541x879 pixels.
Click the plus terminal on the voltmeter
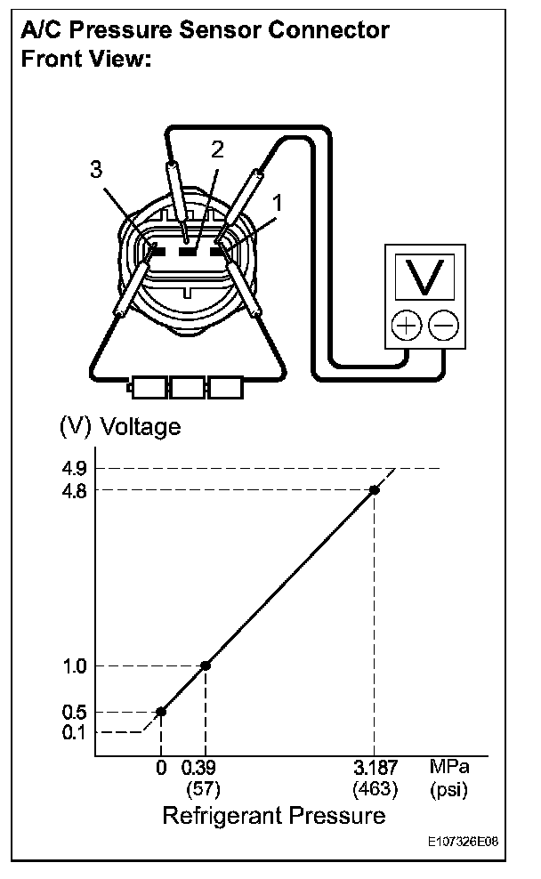[407, 326]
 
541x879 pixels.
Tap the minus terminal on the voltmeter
[442, 326]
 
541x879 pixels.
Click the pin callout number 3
[96, 170]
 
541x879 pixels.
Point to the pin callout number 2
[216, 149]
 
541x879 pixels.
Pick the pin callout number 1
[278, 203]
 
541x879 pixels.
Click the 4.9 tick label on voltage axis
[75, 468]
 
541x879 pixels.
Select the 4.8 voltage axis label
[75, 489]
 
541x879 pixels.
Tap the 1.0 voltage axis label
[75, 665]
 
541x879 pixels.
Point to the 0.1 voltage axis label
[75, 732]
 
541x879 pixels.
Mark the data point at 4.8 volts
[375, 489]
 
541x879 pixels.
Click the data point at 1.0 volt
[206, 665]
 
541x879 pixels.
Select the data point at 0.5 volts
[161, 712]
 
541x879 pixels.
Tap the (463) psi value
[374, 788]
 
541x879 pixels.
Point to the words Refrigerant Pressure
[273, 816]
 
